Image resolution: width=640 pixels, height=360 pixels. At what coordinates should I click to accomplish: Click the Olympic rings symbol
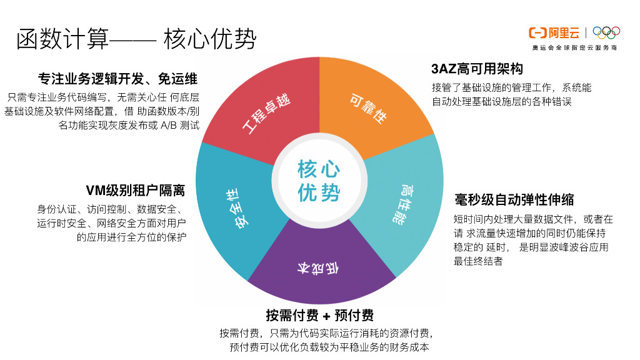[x=606, y=32]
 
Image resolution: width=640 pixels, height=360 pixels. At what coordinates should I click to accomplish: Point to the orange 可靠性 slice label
[x=367, y=108]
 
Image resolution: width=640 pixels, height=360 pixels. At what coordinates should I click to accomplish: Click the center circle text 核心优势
[x=319, y=181]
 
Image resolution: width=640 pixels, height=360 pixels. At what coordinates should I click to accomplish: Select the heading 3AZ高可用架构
[x=477, y=69]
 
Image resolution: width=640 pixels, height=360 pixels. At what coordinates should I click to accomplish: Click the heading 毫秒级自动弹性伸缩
[x=514, y=200]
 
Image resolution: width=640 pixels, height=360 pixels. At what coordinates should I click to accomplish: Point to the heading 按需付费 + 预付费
[x=319, y=314]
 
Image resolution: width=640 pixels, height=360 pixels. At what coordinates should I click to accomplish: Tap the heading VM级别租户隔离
[x=135, y=191]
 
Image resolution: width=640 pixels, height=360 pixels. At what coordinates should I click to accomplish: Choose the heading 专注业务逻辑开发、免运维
[x=117, y=79]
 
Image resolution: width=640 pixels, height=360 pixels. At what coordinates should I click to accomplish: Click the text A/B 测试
[x=180, y=125]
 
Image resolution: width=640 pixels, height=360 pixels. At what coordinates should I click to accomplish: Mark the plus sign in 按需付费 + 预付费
[x=326, y=315]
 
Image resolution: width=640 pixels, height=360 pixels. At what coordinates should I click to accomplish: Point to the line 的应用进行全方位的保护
[x=132, y=237]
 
